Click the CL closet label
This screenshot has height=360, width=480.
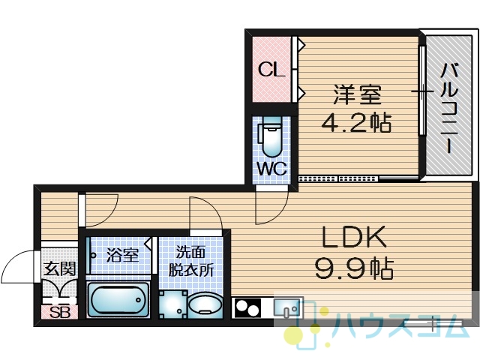tap(271, 70)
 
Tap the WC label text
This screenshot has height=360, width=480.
tap(271, 168)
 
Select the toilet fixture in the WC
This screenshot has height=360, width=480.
tap(271, 136)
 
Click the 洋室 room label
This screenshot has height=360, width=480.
tap(357, 94)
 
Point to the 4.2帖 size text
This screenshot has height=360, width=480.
tap(357, 122)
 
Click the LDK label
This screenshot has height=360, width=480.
tap(353, 237)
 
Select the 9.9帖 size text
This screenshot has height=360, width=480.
tap(353, 268)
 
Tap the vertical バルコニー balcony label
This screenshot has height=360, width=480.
tap(449, 108)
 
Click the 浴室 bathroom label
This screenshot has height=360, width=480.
tap(122, 255)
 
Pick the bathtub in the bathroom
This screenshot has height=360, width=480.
tap(118, 300)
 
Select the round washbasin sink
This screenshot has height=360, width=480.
tap(205, 304)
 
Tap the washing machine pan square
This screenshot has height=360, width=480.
tap(173, 304)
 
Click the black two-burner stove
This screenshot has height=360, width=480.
tap(247, 308)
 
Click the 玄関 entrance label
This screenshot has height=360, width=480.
tap(60, 269)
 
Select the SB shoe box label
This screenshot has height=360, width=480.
tap(60, 313)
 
